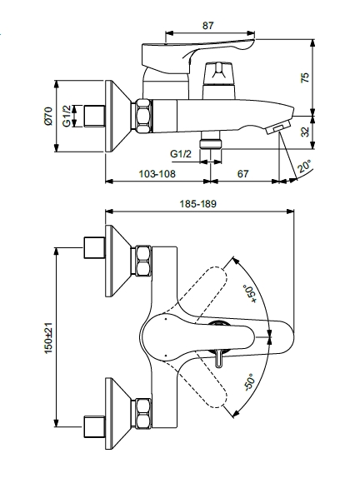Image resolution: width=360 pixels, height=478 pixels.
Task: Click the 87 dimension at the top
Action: coord(207,25)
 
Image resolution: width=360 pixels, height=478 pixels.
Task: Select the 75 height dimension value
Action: coord(305,77)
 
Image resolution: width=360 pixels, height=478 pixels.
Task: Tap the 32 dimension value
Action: coord(305,132)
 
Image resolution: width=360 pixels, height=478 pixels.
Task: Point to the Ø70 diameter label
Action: coord(48,116)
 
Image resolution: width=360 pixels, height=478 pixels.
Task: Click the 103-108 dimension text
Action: coord(157,173)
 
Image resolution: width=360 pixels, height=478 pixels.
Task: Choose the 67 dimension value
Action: coord(242,173)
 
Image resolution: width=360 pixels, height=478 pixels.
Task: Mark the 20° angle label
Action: coord(305,166)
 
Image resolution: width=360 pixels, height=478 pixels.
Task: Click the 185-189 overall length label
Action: coord(197,203)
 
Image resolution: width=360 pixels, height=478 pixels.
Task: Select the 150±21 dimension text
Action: coord(49,338)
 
